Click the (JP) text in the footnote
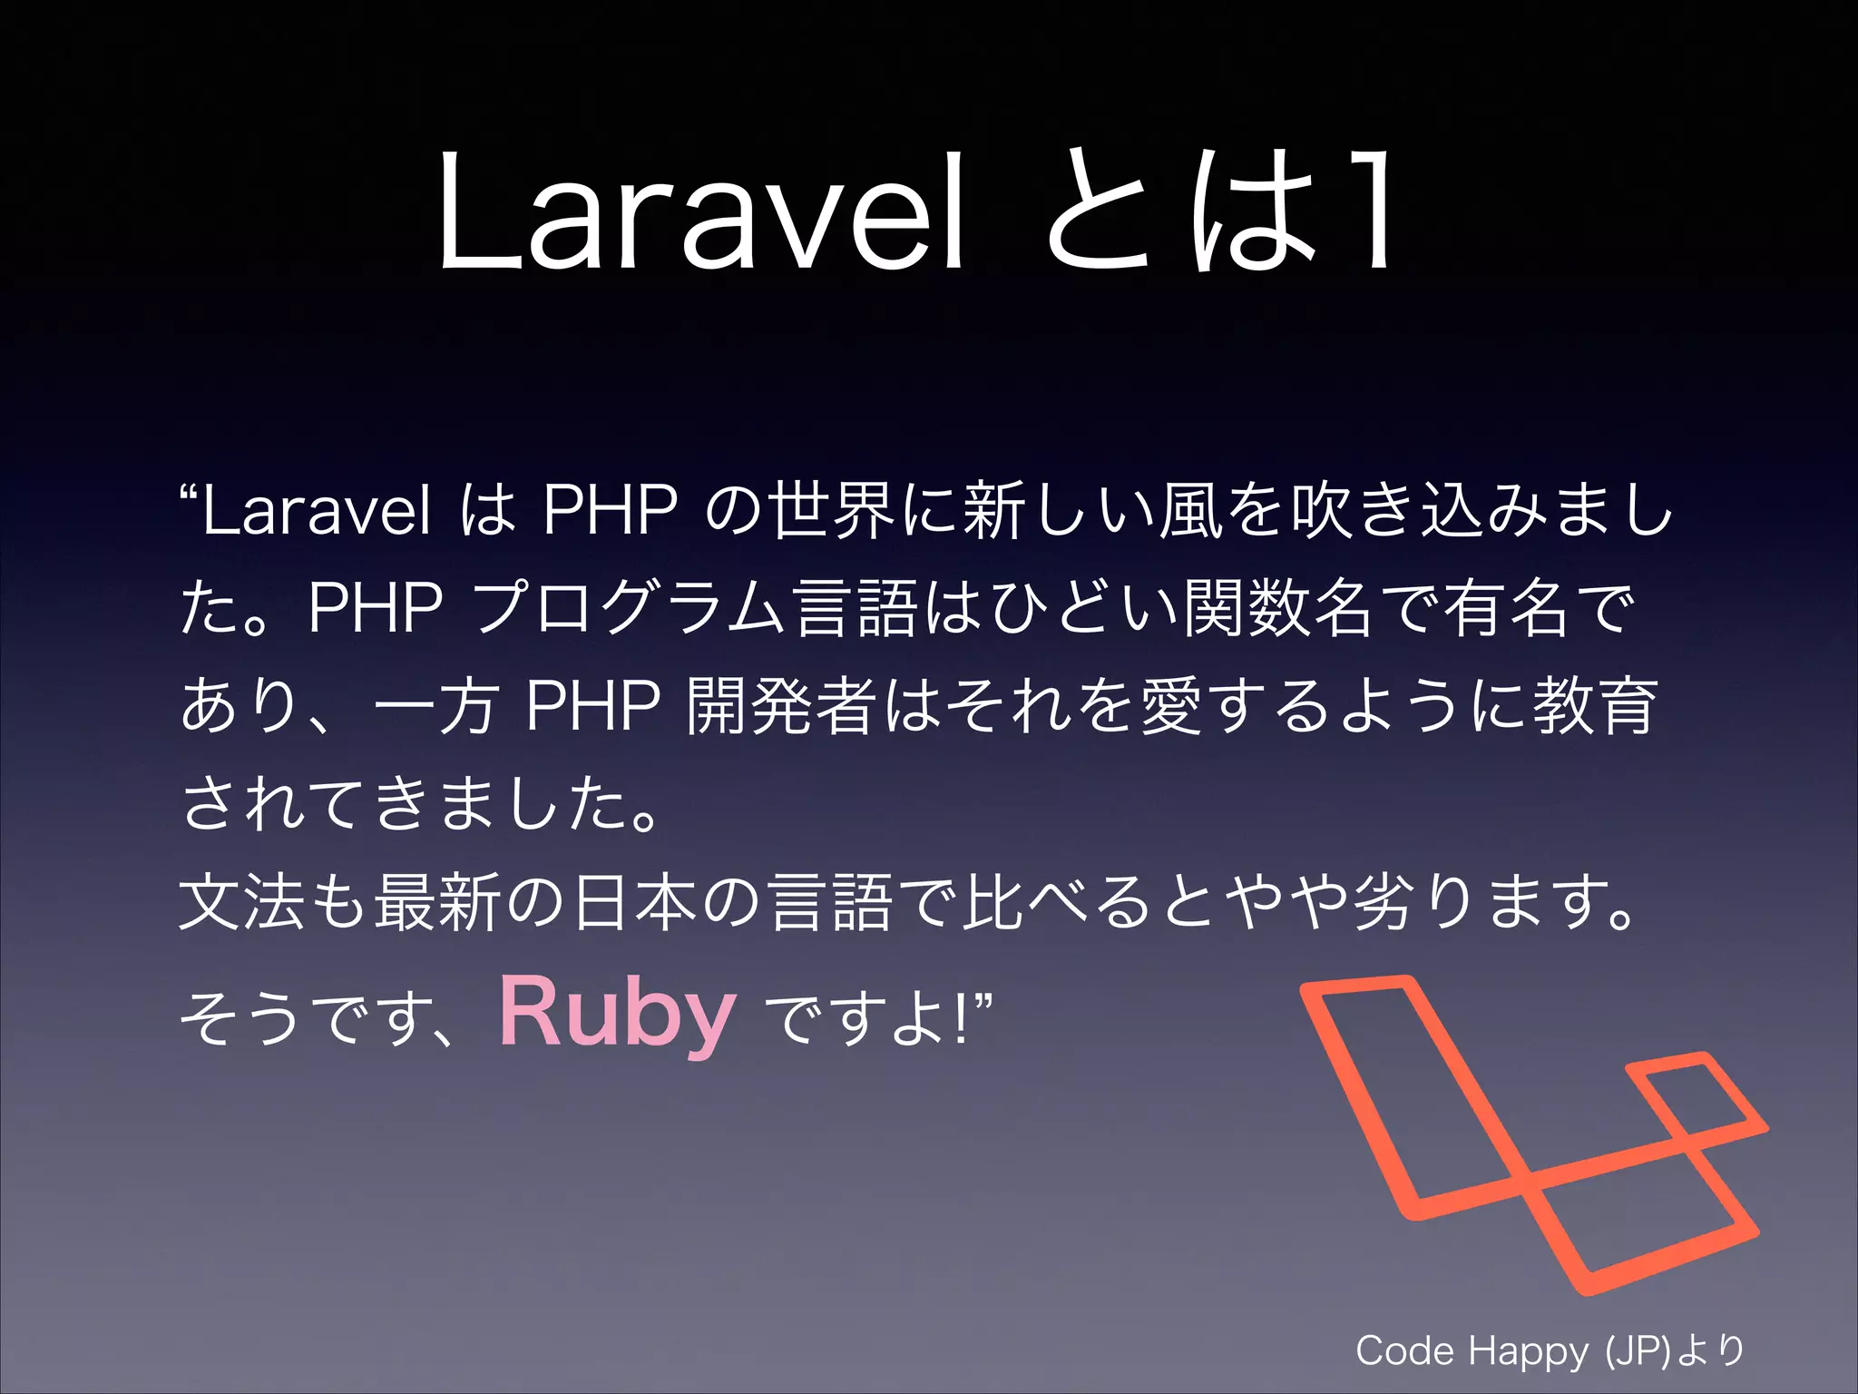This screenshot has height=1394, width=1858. tap(1638, 1351)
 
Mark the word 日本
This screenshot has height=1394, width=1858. tap(635, 902)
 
